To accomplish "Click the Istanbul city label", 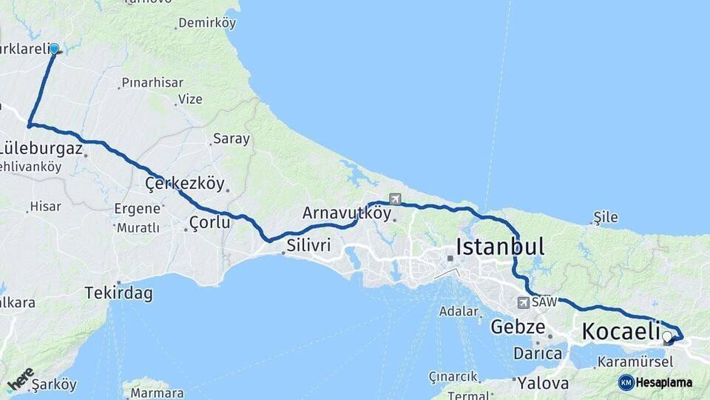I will click(500, 247).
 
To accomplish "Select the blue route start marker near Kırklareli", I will click(54, 49).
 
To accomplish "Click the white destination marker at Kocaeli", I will click(667, 337).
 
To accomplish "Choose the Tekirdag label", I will click(118, 293).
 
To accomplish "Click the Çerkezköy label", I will click(184, 183).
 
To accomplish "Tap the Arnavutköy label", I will click(346, 213).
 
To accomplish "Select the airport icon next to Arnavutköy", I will click(395, 199).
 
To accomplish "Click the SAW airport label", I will click(544, 302).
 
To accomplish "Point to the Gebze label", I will click(518, 327).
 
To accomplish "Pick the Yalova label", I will click(543, 383).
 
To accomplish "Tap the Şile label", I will click(605, 218).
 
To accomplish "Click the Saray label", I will click(231, 139).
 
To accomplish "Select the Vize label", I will click(189, 99).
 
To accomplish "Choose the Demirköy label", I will click(207, 23).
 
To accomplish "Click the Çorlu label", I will click(209, 221).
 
